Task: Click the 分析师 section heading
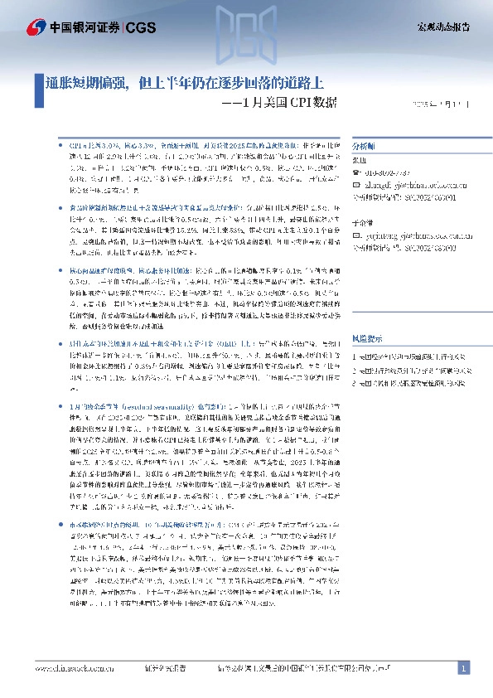coord(365,143)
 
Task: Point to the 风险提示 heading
coord(369,339)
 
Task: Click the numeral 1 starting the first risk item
coord(355,355)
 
